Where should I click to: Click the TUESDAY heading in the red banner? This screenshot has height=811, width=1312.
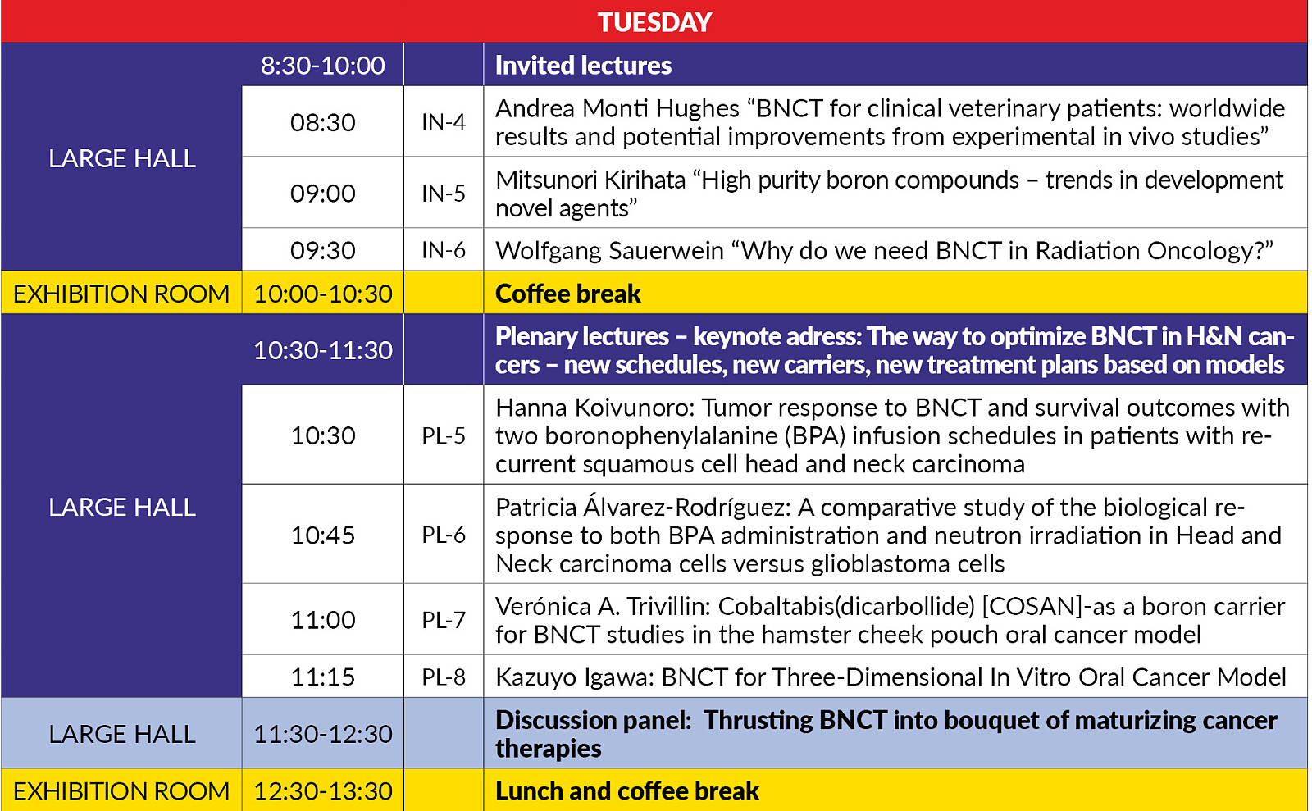point(654,22)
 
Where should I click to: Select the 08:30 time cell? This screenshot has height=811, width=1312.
point(322,122)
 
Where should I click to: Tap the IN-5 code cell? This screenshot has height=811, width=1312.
point(443,194)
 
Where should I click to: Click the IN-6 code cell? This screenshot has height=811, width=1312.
point(443,250)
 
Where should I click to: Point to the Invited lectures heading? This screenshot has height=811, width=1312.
point(583,66)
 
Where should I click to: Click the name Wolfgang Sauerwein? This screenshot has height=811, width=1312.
point(609,251)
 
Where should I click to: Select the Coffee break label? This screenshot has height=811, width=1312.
point(567,294)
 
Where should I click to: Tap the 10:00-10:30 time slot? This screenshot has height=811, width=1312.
point(322,294)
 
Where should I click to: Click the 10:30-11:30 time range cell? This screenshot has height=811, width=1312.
point(322,350)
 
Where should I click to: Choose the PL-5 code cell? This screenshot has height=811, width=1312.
point(443,435)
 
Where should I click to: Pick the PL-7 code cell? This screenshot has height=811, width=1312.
point(443,620)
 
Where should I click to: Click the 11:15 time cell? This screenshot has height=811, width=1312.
point(322,677)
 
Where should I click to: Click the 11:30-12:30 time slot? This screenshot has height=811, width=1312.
point(322,734)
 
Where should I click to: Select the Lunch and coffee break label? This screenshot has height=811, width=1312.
point(626,791)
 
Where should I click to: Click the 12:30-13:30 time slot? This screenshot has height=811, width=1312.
point(322,791)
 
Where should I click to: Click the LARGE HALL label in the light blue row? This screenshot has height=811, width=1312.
point(121,734)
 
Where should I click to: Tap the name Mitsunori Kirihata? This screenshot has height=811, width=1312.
point(590,180)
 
